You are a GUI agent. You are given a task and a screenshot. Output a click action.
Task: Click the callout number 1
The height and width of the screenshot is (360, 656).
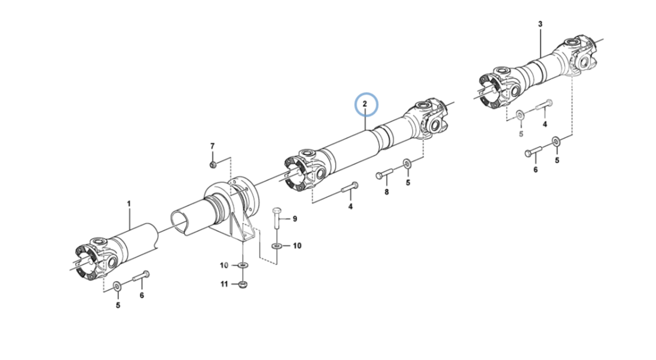tap(129, 204)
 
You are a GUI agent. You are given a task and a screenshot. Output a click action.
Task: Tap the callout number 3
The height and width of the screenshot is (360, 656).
tap(540, 24)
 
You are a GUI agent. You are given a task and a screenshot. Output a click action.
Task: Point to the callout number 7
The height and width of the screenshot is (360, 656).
tap(213, 146)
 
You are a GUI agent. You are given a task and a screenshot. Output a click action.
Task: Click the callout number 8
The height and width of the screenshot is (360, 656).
tap(386, 192)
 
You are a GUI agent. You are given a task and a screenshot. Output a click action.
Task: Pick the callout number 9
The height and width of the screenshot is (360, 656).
tap(295, 219)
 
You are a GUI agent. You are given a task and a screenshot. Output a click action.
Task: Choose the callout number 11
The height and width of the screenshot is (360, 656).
tap(224, 284)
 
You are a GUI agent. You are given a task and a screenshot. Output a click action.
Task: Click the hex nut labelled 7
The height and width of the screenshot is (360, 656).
tap(213, 164)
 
